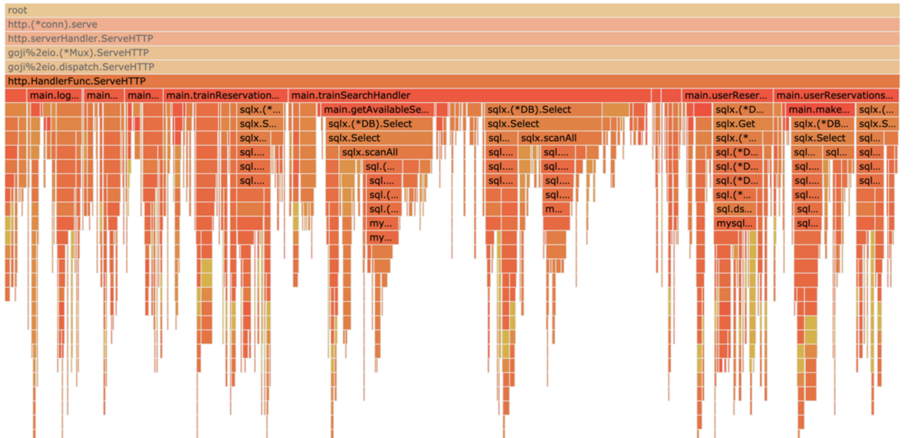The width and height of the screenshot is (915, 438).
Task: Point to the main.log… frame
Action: coord(55,96)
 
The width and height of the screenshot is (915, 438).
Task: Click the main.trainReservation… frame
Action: coord(225,96)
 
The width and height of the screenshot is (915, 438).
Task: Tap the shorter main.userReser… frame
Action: coord(727,96)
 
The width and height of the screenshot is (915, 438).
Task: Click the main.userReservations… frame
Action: coord(835,96)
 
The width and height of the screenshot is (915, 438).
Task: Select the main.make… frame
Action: coord(820,110)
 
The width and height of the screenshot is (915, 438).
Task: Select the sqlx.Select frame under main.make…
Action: coord(821,138)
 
